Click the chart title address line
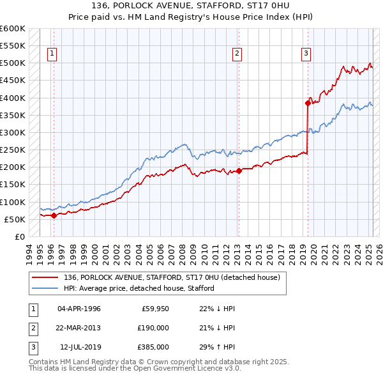click(x=191, y=7)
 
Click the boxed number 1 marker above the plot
click(x=51, y=54)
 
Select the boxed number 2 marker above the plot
click(x=237, y=54)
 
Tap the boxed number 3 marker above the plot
click(x=306, y=54)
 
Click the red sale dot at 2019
click(x=308, y=102)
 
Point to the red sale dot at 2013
click(x=239, y=171)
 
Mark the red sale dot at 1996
click(x=54, y=215)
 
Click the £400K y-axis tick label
click(x=12, y=98)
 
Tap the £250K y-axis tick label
click(x=12, y=150)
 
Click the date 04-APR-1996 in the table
click(x=79, y=309)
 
